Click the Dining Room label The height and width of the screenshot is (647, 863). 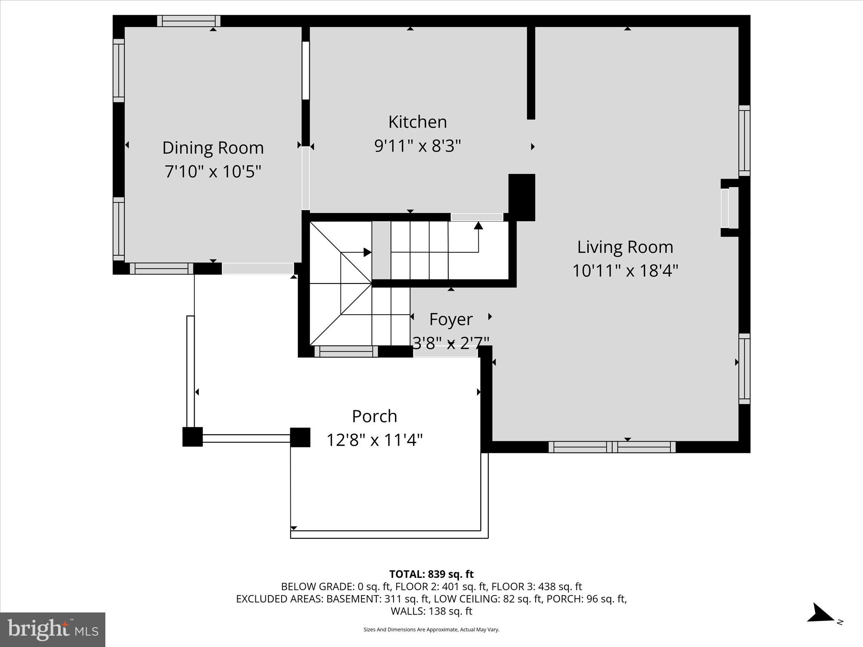coord(213,148)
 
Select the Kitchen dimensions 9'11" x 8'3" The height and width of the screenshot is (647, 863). coord(418,146)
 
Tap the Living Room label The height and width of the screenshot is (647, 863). coord(625,247)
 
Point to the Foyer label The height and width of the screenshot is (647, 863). coord(450,319)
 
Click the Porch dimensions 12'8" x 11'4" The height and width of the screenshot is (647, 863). coord(374,440)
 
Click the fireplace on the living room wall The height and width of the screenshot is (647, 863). coord(729,208)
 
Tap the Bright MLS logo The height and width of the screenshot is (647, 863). coord(53,629)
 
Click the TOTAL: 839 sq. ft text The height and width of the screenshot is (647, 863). coord(431,574)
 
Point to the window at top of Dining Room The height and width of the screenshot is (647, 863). coord(189,21)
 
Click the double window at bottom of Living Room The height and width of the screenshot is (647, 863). coord(612,447)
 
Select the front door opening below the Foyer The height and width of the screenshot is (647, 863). coord(445,352)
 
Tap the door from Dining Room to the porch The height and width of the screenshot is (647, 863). coord(257,268)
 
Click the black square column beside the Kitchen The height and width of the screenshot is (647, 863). coord(522,197)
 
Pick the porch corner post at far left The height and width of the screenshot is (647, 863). coord(193,437)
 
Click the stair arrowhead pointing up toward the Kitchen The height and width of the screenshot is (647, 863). coord(478,225)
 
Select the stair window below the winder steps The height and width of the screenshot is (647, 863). coord(346,351)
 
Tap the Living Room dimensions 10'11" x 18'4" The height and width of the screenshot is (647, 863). coord(625,270)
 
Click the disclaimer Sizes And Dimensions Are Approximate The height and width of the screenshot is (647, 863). coord(431,629)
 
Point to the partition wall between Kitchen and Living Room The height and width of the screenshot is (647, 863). coord(531,72)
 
